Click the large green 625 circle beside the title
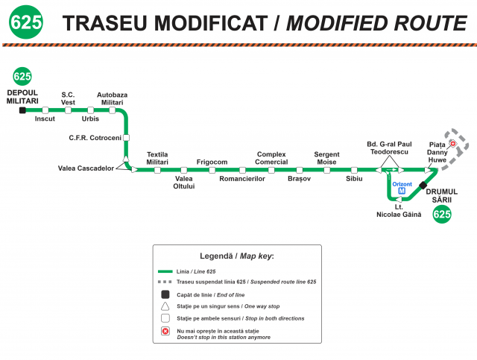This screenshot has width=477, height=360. coord(26,22)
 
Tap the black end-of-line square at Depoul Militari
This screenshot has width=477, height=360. coord(22,110)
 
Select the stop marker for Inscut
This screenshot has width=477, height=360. coord(45,110)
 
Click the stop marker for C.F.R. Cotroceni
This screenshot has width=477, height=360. coord(126,138)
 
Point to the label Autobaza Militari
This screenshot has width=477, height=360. coord(113,98)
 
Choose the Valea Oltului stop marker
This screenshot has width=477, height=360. coord(184,170)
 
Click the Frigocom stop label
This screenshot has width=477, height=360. coord(212,162)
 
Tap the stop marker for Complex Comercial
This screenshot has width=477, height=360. coord(271,170)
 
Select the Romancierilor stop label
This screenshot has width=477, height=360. coord(242,179)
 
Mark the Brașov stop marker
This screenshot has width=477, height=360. coord(300,170)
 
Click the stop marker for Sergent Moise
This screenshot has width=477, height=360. coord(327,170)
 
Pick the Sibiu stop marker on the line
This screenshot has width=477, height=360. coord(354,170)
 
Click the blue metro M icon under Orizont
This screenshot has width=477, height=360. coord(402,191)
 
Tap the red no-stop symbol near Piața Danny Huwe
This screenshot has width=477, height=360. coord(453,143)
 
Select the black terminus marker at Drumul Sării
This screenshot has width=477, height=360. coord(423,185)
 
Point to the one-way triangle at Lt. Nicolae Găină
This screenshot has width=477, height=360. coord(399,200)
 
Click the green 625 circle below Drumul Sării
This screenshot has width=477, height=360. coord(442,214)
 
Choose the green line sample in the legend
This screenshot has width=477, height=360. coord(165,271)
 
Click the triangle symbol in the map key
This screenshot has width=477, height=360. coord(165,306)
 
